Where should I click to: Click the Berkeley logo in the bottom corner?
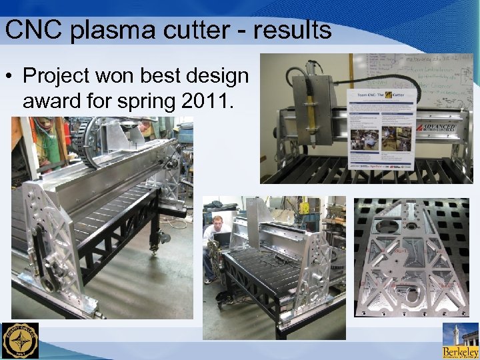[461, 341]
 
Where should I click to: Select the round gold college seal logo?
[20, 341]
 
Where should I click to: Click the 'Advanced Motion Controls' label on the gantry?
[436, 127]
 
